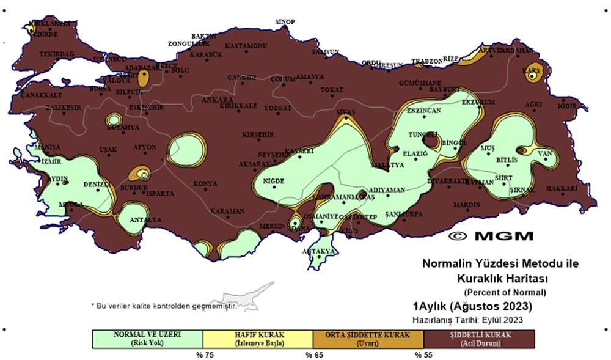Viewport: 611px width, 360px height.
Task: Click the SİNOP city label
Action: [285, 22]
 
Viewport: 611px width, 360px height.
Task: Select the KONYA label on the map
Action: [205, 183]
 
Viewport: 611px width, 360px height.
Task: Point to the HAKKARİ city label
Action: [562, 188]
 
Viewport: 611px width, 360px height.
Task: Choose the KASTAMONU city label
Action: [246, 46]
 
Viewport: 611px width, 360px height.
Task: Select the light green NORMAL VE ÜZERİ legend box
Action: [147, 339]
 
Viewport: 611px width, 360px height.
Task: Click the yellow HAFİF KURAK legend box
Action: [257, 339]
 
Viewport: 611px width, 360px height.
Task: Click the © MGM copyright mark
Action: [491, 236]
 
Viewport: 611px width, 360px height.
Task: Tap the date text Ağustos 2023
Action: [489, 306]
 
